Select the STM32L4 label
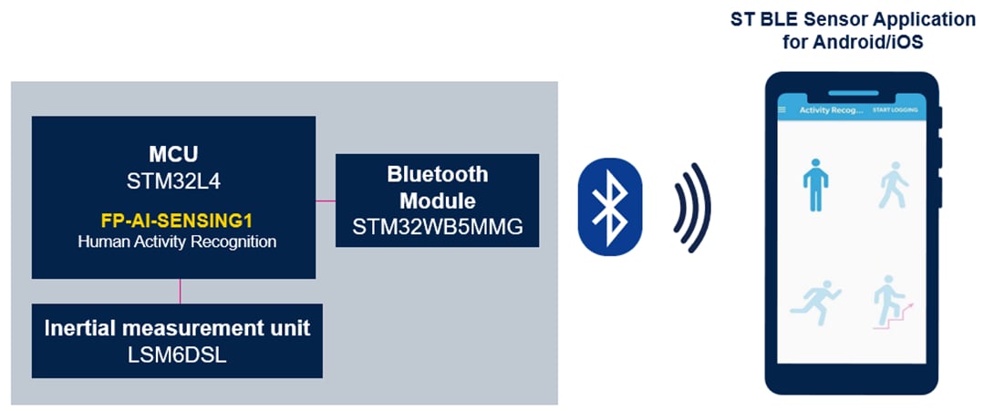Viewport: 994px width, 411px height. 173,181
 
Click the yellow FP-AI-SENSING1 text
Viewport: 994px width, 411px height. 173,221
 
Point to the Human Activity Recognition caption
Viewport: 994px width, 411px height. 173,242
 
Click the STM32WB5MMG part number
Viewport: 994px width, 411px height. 438,228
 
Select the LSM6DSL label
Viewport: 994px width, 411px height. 177,355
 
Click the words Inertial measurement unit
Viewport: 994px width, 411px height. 177,327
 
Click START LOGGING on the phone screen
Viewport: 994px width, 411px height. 894,110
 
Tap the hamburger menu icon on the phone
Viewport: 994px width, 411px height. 782,110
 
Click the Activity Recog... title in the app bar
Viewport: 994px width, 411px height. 831,110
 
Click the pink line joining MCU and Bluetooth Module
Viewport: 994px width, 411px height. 326,200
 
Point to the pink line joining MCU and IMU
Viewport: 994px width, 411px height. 180,291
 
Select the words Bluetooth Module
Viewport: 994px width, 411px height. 438,187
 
